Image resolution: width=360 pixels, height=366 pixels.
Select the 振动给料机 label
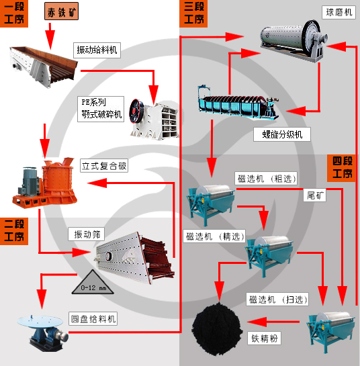96,50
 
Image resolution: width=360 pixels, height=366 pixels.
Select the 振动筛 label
87,234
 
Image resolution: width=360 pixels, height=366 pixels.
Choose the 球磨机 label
339,12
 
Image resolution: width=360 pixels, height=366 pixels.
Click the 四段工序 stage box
343,168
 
